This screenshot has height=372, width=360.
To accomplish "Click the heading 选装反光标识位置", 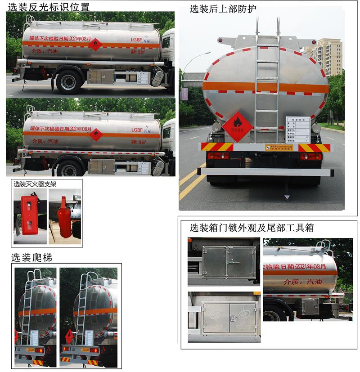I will tap(50, 6).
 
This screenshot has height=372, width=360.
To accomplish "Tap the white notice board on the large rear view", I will tap(298, 129).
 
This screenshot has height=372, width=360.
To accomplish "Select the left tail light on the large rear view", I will tap(218, 156).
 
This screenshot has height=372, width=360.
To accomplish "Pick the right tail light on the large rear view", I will tap(311, 156).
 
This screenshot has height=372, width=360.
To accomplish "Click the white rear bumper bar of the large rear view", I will tap(265, 171).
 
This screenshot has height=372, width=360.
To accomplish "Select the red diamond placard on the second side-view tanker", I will tap(95, 134).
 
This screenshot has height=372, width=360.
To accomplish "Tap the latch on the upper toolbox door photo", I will tap(229, 262).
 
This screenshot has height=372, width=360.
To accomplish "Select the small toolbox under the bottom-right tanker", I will tap(310, 307).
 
